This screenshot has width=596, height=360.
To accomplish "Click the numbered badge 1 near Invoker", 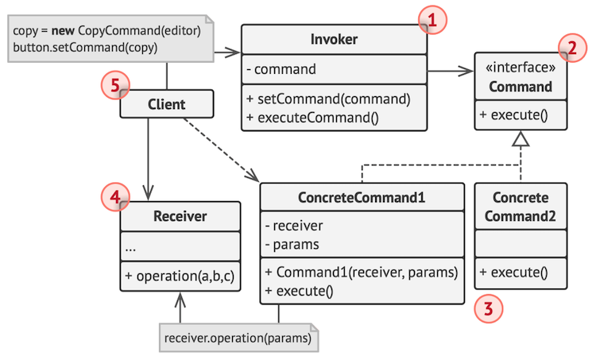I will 430,20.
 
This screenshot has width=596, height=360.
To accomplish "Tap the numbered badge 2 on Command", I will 569,49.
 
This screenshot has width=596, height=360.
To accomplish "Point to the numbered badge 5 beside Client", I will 114,85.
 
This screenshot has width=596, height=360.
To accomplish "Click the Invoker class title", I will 334,40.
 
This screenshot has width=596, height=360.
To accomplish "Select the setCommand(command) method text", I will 327,100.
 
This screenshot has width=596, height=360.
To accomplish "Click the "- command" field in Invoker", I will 281,69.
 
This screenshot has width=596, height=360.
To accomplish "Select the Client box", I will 166,104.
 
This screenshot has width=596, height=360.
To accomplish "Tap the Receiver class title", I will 180,215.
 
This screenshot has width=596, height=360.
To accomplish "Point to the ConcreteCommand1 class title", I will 362,197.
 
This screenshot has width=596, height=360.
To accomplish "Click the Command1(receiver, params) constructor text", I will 362,273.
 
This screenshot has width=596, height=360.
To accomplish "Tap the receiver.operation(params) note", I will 238,338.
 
